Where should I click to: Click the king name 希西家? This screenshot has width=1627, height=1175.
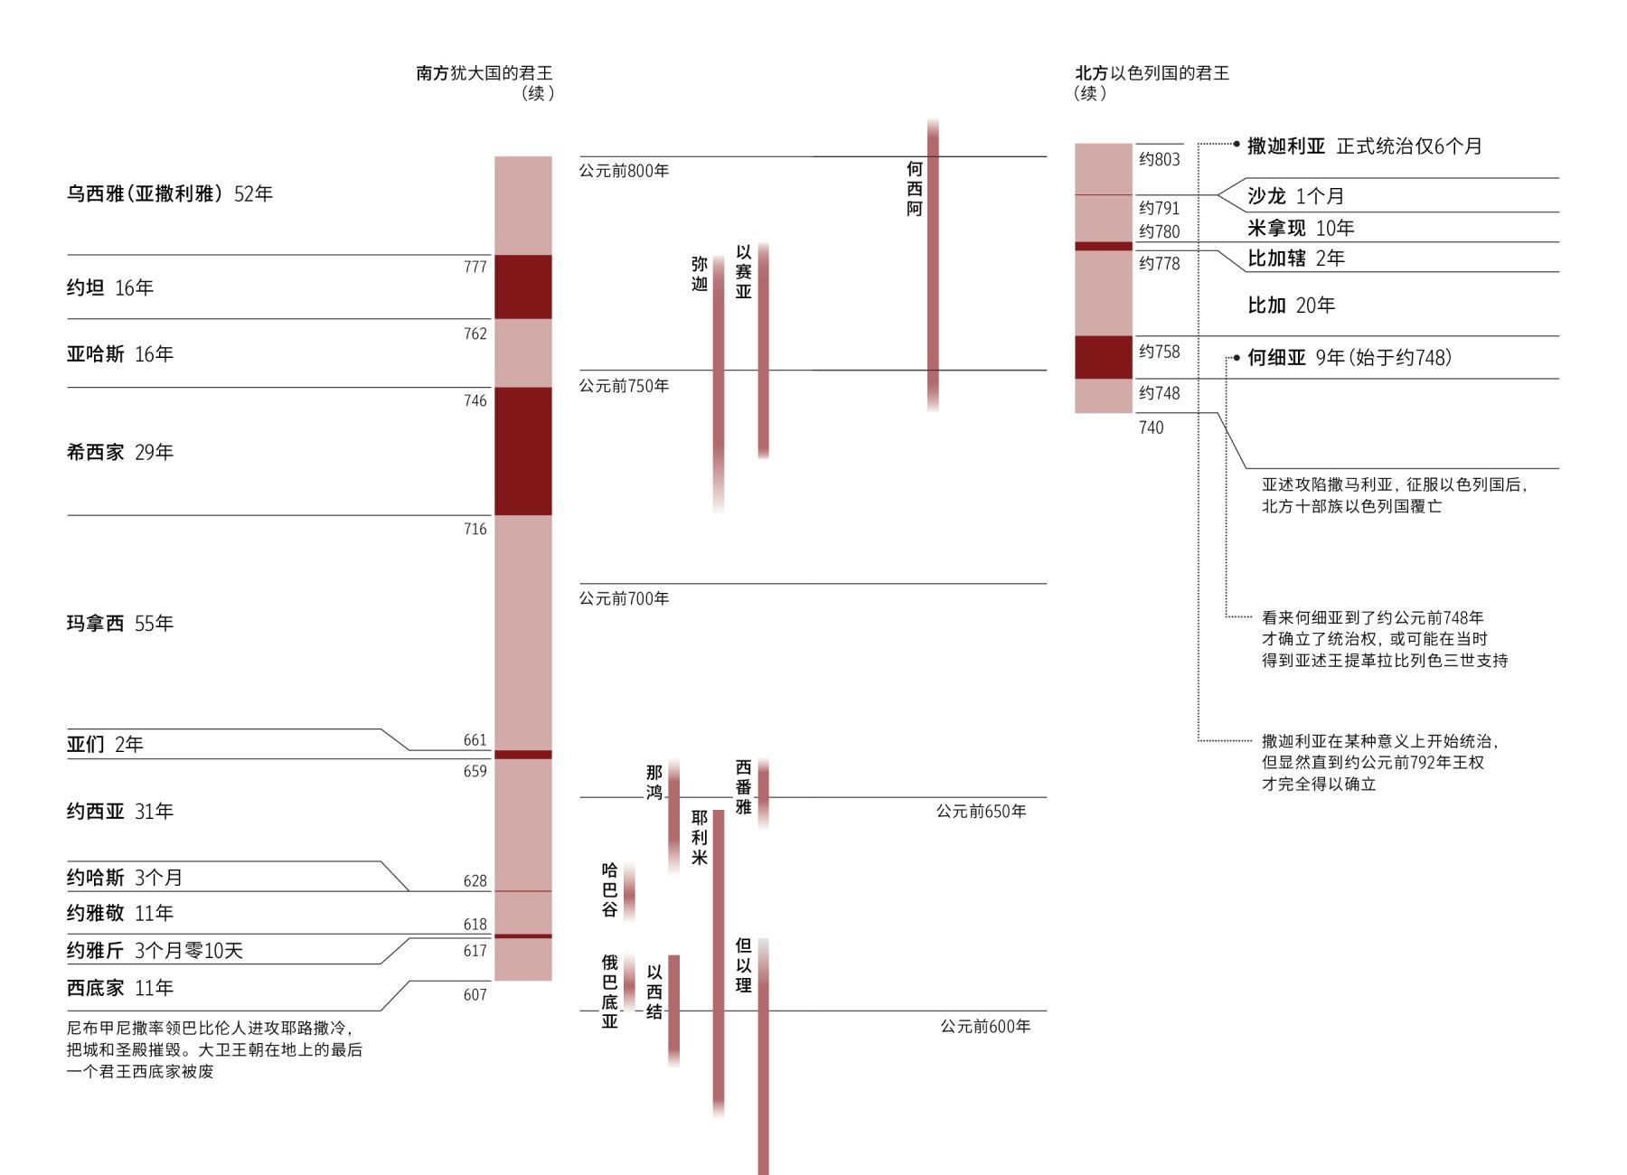coord(95,452)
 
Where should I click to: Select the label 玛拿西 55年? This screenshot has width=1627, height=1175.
coord(119,623)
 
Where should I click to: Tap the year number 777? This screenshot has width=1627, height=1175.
coord(475,267)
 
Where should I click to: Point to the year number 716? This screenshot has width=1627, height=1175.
coord(475,529)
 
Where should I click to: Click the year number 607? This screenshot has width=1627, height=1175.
coord(475,994)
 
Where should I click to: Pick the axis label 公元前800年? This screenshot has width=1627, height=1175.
coord(625,171)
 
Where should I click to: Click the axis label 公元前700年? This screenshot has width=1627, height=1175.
coord(625,598)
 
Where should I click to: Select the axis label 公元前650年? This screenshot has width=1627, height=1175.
coord(981,812)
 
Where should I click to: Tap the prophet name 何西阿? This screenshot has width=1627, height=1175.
coord(915,189)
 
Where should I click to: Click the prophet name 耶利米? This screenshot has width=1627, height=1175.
coord(700,837)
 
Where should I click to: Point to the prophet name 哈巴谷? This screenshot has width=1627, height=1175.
coord(610,889)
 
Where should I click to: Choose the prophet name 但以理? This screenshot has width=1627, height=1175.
coord(744,965)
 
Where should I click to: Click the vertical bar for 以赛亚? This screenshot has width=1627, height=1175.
coord(764,351)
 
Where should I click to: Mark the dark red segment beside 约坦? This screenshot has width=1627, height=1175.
coord(523,287)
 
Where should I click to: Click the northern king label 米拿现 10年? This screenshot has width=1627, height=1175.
coord(1301,228)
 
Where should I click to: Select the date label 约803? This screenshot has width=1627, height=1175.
coord(1160,159)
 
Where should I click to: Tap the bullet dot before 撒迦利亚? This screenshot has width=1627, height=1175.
coord(1237,144)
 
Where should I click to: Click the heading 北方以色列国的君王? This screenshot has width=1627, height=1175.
coord(1152,73)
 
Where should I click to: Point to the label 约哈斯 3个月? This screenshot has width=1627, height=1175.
coord(125,877)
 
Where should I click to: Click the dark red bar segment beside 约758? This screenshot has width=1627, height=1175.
coord(1104,357)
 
